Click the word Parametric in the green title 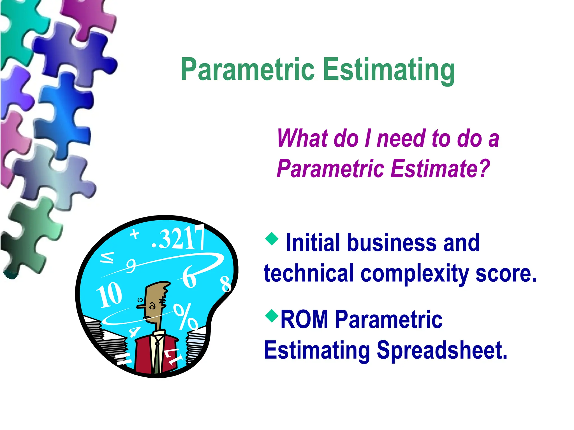pos(248,69)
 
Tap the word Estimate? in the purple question pos(440,168)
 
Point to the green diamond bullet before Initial pos(272,239)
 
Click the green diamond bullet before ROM pos(272,316)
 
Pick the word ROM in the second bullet pos(304,319)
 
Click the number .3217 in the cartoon pos(178,238)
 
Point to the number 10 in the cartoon pos(109,295)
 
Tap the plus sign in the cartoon pos(135,234)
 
